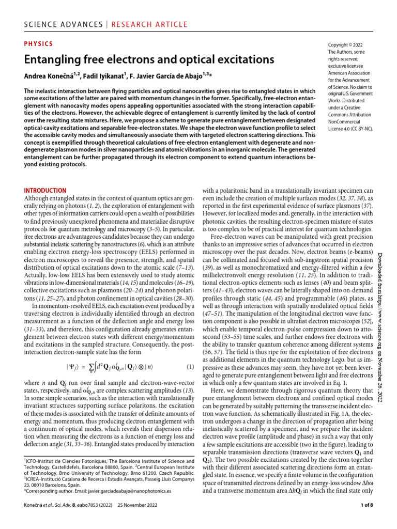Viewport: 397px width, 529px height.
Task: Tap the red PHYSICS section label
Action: coord(38,45)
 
